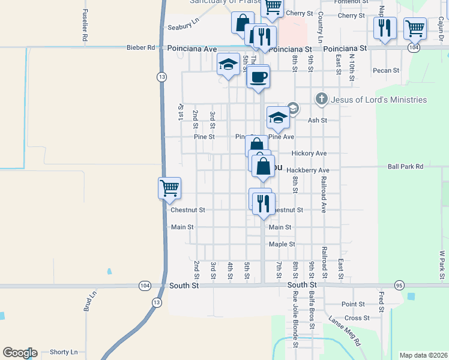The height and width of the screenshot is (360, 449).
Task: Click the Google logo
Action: tap(20, 353)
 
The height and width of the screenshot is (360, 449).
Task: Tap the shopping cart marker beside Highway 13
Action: tap(169, 188)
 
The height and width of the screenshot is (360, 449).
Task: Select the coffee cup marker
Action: tap(258, 77)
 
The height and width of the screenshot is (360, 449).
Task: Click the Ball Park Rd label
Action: tap(405, 166)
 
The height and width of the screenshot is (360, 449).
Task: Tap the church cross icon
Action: tap(322, 99)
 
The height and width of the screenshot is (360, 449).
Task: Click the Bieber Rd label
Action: tap(140, 47)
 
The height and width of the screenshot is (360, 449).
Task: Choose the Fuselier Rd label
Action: tap(85, 25)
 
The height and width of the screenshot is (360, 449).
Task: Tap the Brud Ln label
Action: tap(89, 302)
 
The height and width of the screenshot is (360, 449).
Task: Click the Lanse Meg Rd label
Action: tap(344, 332)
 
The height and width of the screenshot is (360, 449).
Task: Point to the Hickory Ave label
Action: tap(309, 154)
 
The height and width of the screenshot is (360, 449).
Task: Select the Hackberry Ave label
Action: tap(308, 170)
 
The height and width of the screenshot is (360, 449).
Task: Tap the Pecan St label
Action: tap(385, 71)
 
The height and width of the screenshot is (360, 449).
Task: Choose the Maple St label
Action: tap(282, 244)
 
